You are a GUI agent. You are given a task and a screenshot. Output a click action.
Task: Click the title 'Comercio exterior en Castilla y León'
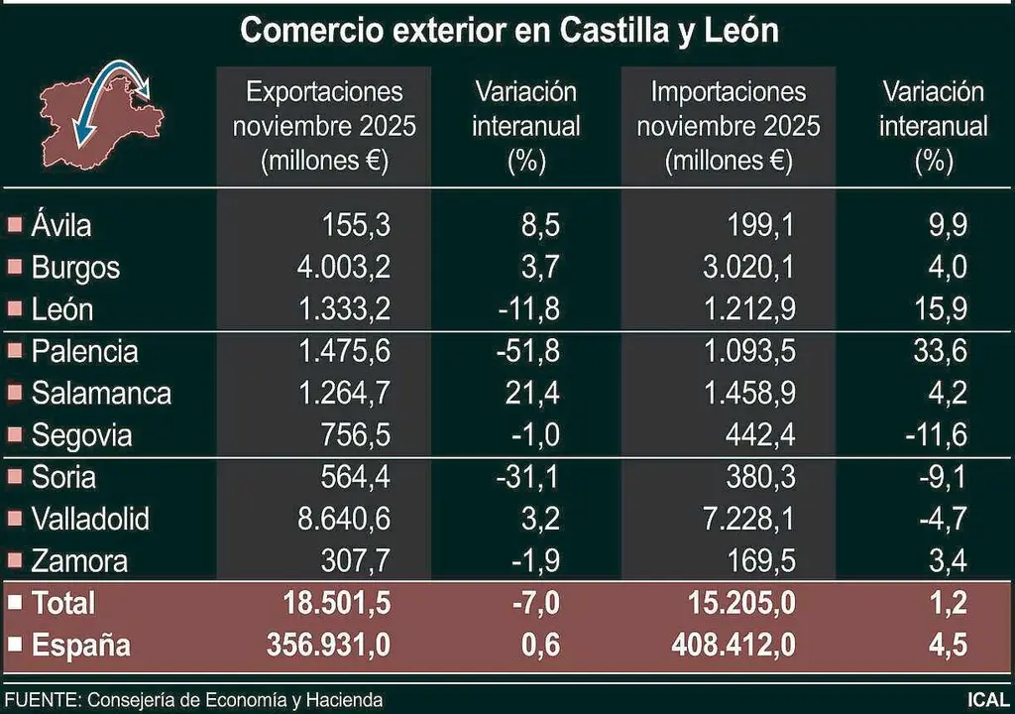(509, 31)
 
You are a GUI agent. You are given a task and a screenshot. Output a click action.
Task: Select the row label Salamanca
(101, 393)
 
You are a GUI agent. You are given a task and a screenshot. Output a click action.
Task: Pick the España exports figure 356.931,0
(328, 646)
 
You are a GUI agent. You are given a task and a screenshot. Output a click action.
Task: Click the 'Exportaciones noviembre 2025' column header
(324, 126)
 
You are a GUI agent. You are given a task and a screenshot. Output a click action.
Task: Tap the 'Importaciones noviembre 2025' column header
(729, 126)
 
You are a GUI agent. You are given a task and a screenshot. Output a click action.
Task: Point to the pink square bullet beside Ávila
(14, 225)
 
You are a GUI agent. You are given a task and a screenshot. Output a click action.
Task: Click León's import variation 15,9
(942, 309)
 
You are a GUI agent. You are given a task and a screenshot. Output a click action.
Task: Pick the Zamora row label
(79, 561)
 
